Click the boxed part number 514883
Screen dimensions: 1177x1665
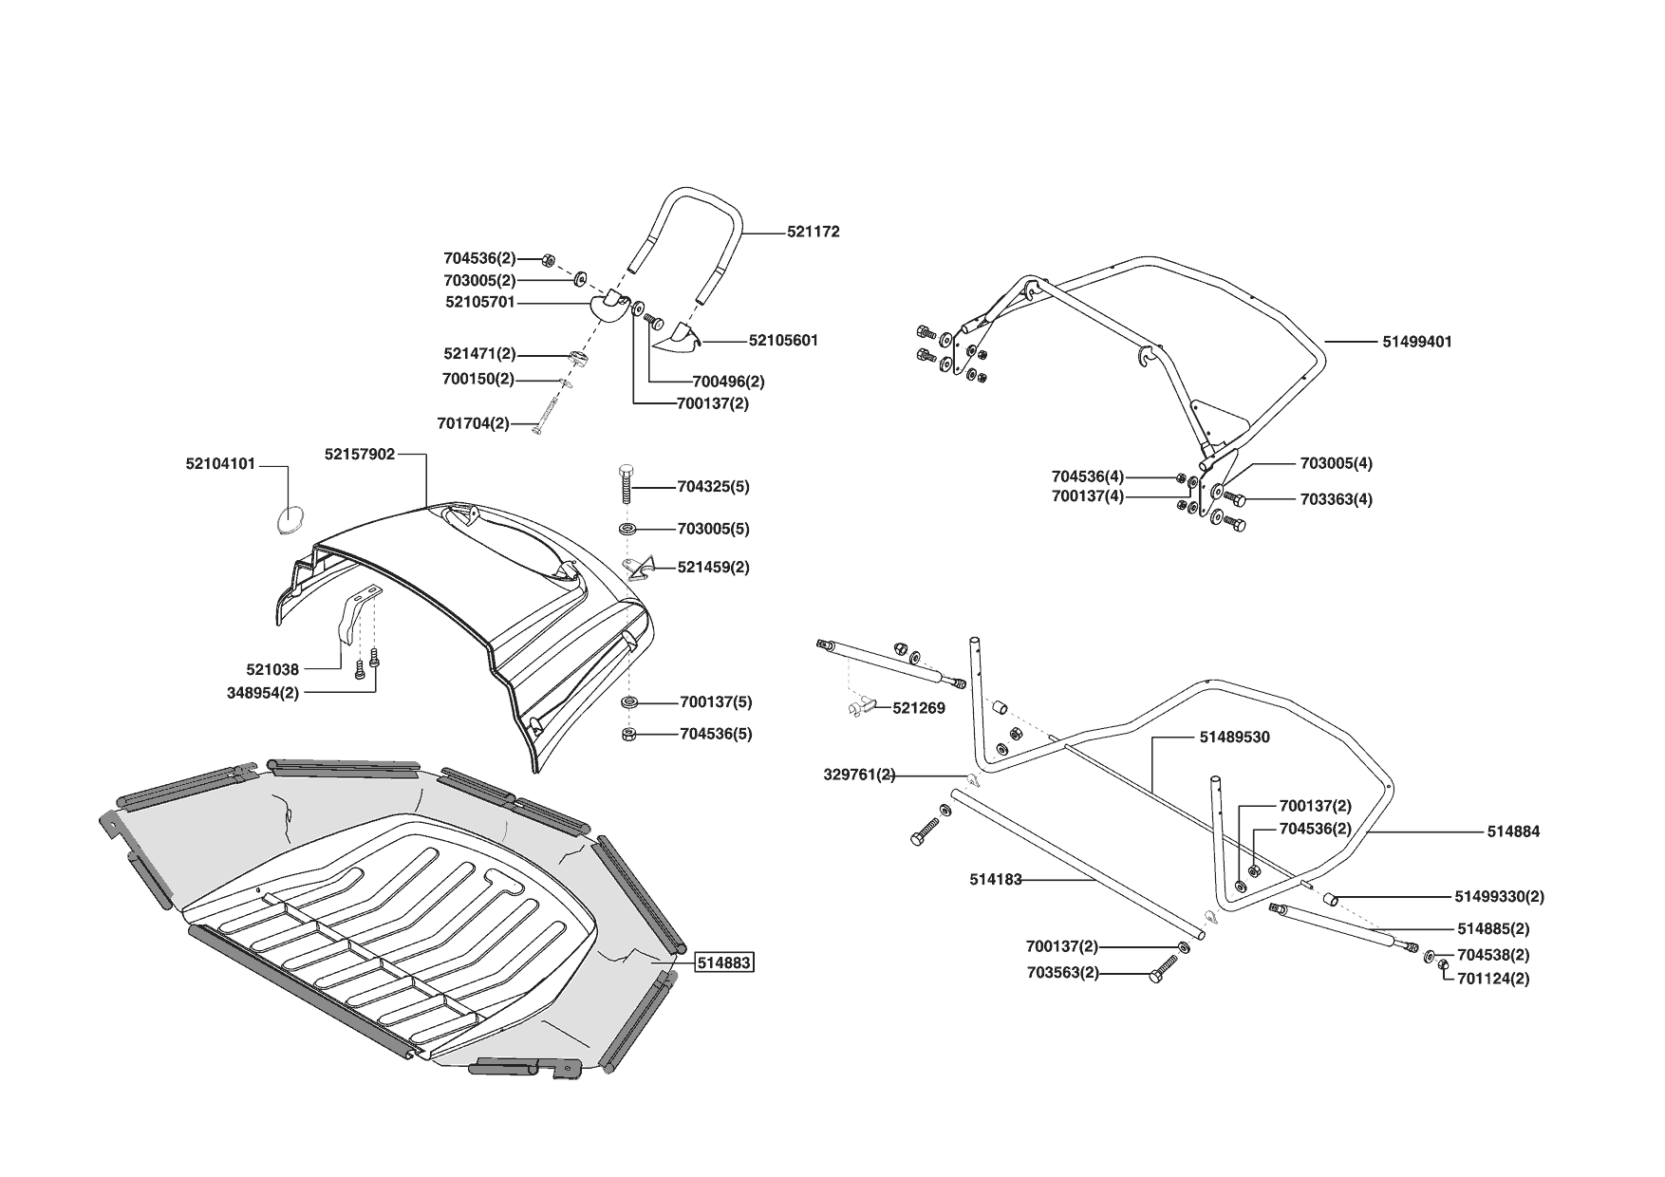click(x=723, y=962)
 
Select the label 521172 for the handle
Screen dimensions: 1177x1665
click(x=813, y=232)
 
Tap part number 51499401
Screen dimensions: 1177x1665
click(x=1416, y=342)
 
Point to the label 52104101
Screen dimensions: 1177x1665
click(x=220, y=465)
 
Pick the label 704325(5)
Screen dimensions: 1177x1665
click(x=713, y=487)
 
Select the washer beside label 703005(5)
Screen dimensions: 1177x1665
click(x=627, y=529)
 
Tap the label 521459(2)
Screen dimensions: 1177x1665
click(x=713, y=568)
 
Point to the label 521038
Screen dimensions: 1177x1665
click(x=272, y=670)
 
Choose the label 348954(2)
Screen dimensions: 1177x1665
click(x=263, y=693)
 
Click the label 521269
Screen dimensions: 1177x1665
click(x=918, y=708)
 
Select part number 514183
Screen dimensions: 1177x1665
click(x=995, y=880)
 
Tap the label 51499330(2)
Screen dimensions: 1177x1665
click(x=1499, y=897)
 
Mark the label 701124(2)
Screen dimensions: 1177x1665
click(x=1493, y=979)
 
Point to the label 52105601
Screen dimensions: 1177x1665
click(x=782, y=341)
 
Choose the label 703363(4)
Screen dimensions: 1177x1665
click(x=1336, y=499)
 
